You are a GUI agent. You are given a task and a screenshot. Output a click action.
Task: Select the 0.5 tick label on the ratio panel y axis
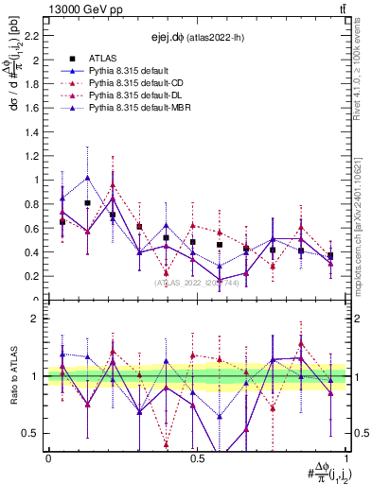(x=32, y=433)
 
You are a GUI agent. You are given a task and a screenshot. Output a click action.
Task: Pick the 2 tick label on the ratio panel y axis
(x=36, y=319)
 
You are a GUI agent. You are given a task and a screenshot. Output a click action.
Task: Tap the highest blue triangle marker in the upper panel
(x=88, y=178)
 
